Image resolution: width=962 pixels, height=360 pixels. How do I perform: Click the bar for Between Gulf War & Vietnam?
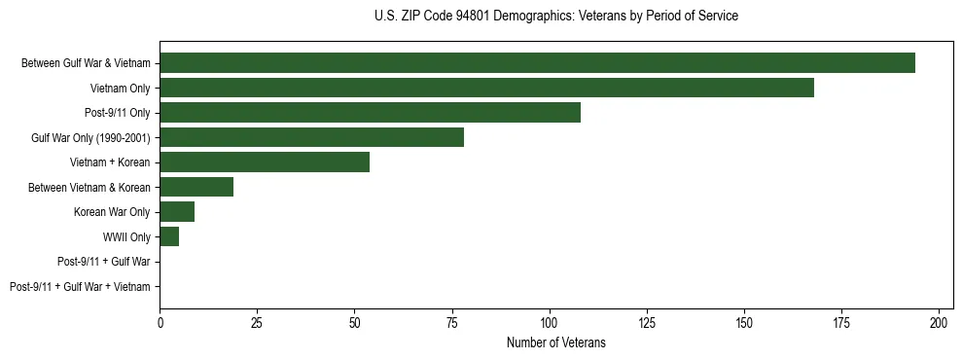pyautogui.click(x=537, y=63)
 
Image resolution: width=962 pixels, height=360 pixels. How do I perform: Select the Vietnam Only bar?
pyautogui.click(x=486, y=88)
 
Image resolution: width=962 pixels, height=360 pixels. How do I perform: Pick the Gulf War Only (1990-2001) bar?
pyautogui.click(x=311, y=137)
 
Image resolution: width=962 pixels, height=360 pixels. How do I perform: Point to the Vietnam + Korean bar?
pyautogui.click(x=265, y=162)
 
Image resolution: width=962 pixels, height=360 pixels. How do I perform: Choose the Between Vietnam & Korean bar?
pyautogui.click(x=196, y=187)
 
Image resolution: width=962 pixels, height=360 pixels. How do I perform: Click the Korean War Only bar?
pyautogui.click(x=177, y=212)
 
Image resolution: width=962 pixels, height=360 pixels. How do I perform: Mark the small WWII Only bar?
pyautogui.click(x=169, y=236)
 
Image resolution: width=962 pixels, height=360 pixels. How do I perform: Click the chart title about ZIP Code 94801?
pyautogui.click(x=555, y=17)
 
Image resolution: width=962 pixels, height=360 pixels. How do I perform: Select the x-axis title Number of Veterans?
pyautogui.click(x=555, y=342)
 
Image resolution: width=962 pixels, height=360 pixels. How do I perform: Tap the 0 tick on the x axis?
pyautogui.click(x=160, y=321)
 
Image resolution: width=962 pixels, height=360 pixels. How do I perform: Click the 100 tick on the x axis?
pyautogui.click(x=550, y=321)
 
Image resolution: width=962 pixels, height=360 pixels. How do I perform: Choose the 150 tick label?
pyautogui.click(x=744, y=321)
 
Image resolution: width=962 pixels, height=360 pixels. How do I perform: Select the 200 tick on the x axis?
pyautogui.click(x=939, y=321)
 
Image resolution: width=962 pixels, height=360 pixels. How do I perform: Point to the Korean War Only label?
pyautogui.click(x=112, y=212)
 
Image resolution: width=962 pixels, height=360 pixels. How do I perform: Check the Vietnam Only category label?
pyautogui.click(x=120, y=89)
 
